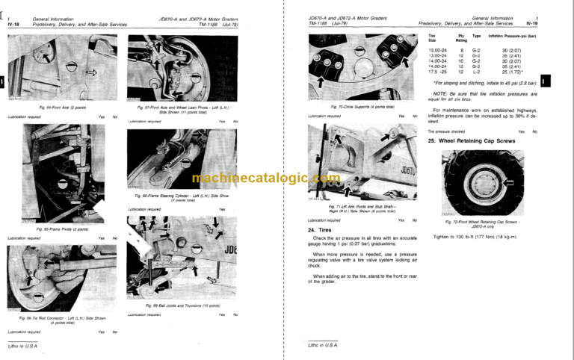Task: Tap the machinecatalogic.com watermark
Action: pyautogui.click(x=255, y=178)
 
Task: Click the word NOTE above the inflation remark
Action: pyautogui.click(x=440, y=93)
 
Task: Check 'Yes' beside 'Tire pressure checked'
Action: pyautogui.click(x=522, y=131)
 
